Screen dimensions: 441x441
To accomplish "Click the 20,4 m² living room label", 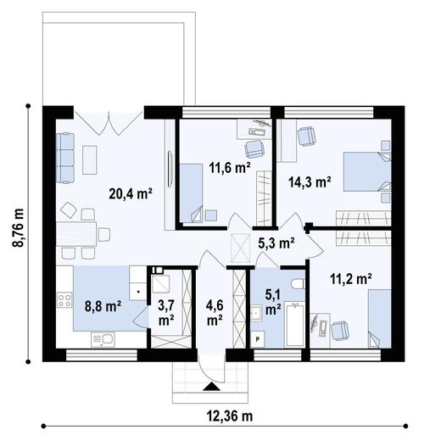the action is click(x=131, y=194).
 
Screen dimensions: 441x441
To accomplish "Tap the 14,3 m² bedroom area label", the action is click(x=310, y=182).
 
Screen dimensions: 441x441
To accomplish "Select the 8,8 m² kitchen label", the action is click(x=103, y=306).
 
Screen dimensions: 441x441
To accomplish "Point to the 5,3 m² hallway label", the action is click(x=276, y=243).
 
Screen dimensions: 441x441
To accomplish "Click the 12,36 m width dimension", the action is click(x=230, y=416).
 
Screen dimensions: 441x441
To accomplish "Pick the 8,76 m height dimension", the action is click(x=19, y=228).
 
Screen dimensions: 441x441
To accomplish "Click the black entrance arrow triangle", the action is click(x=211, y=387).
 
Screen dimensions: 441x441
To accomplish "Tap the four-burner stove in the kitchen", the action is click(x=64, y=300).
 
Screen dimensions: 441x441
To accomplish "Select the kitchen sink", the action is click(x=103, y=340).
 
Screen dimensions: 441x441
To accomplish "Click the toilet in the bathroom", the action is click(x=298, y=284).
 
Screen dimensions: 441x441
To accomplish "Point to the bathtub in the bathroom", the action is click(x=294, y=324).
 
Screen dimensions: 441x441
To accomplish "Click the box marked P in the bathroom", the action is click(x=258, y=339).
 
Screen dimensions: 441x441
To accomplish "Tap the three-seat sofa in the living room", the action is click(x=65, y=158).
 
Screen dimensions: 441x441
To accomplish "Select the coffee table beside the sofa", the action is click(x=90, y=160).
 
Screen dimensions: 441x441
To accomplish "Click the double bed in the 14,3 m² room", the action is click(x=367, y=172).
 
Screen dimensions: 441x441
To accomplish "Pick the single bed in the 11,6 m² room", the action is click(x=192, y=193).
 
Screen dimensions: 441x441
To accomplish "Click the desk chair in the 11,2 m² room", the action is click(x=340, y=331).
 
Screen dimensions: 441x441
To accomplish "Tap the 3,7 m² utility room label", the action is click(x=166, y=313).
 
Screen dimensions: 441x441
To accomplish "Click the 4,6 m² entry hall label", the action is click(x=215, y=313).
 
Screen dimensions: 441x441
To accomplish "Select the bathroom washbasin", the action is click(x=256, y=313).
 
